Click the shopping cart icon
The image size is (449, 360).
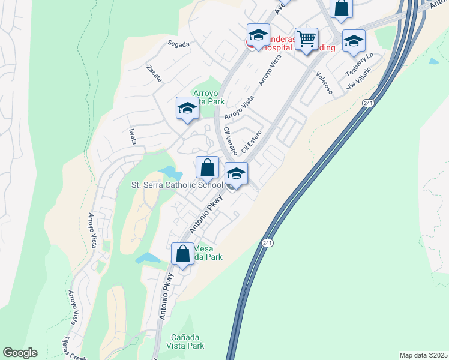(x=306, y=39)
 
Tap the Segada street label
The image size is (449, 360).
(x=179, y=44)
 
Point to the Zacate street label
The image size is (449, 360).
(x=154, y=70)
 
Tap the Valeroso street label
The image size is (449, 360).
(x=324, y=82)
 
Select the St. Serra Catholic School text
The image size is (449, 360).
(x=176, y=185)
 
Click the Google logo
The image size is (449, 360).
(x=20, y=353)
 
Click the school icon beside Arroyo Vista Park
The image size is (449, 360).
(x=187, y=109)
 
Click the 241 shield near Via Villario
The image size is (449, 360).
(x=367, y=103)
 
